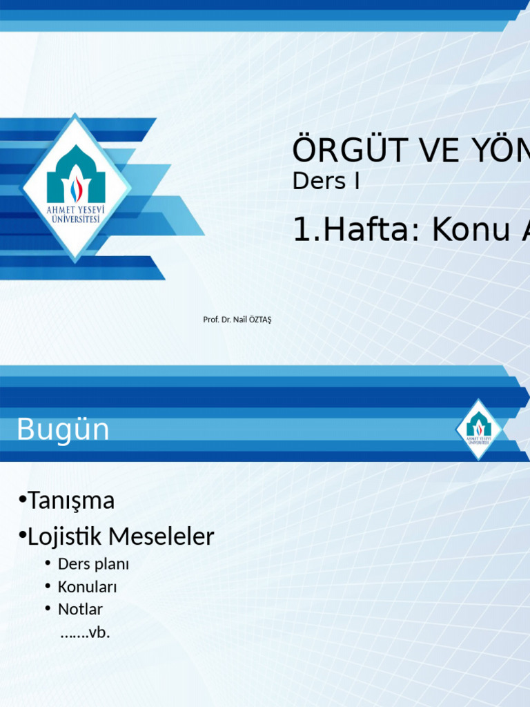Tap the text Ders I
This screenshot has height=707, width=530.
(x=326, y=182)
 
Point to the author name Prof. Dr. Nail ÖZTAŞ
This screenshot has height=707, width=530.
(x=237, y=320)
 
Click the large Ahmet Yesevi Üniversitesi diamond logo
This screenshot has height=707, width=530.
(x=76, y=188)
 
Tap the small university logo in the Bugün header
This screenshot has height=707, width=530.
(x=479, y=429)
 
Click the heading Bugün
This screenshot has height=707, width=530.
(x=63, y=429)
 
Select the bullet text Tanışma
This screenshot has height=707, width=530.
(x=71, y=501)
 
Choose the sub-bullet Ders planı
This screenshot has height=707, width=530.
(x=93, y=564)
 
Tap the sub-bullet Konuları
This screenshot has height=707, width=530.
(x=87, y=587)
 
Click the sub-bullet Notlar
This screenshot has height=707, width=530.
(x=80, y=610)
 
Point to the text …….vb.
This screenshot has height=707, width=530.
(x=86, y=632)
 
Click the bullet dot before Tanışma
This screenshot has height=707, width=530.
(x=22, y=499)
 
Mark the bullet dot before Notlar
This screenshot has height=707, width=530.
(x=48, y=609)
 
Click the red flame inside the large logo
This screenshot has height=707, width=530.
(x=76, y=190)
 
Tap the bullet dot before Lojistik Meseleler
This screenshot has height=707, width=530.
(x=22, y=535)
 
